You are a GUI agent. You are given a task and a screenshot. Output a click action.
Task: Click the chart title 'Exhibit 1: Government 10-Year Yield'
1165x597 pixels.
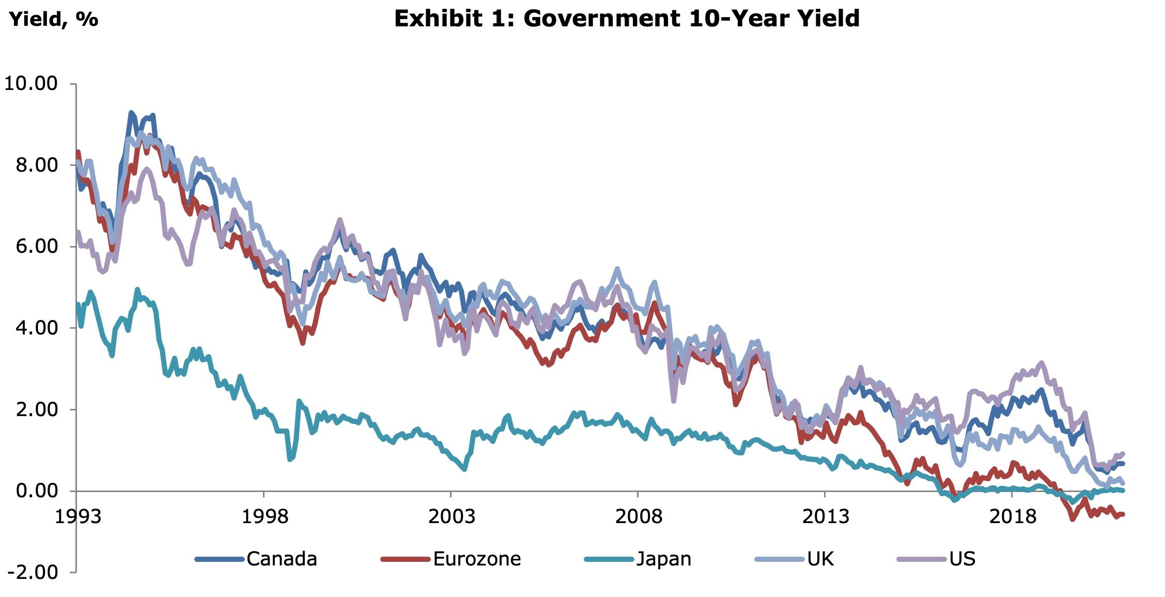click(627, 19)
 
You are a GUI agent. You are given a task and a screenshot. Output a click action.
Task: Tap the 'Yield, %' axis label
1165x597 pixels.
click(54, 19)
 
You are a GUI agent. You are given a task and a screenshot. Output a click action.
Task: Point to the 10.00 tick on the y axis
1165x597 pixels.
click(31, 83)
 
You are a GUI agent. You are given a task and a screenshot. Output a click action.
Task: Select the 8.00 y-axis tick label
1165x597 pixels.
click(36, 165)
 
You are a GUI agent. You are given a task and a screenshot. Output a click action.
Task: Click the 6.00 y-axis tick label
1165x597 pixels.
click(36, 246)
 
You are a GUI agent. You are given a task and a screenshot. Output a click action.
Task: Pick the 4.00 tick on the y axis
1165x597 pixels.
click(36, 328)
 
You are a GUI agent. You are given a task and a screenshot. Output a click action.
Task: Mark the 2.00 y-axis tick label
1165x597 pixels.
click(36, 409)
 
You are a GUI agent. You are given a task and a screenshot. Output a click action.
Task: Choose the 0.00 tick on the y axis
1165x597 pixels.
click(36, 491)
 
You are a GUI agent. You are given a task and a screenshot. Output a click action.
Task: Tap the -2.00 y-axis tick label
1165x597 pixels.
click(32, 572)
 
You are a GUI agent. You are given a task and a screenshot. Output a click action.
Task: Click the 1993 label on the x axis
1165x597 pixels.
click(78, 516)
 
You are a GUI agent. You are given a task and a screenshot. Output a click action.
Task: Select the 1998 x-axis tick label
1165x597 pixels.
click(265, 516)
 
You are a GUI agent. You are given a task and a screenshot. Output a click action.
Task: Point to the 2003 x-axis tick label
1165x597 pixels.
click(452, 516)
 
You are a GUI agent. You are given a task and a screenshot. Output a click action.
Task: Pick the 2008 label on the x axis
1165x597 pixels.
click(639, 516)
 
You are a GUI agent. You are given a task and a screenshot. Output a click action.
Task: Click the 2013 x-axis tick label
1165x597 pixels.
click(826, 516)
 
